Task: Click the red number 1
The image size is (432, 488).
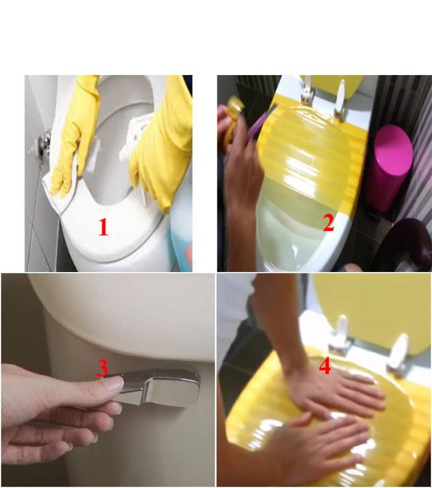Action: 103,227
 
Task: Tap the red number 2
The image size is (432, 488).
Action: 328,223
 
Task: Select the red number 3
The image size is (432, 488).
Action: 103,368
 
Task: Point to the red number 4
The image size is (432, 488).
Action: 325,367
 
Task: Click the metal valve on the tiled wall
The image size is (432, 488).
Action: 45,144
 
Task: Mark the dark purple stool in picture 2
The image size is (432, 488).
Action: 409,244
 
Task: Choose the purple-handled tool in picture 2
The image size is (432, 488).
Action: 259,125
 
